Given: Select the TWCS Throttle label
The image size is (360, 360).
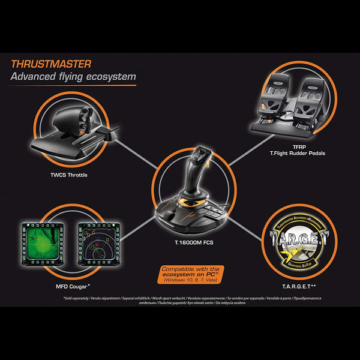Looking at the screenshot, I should coord(70,175).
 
